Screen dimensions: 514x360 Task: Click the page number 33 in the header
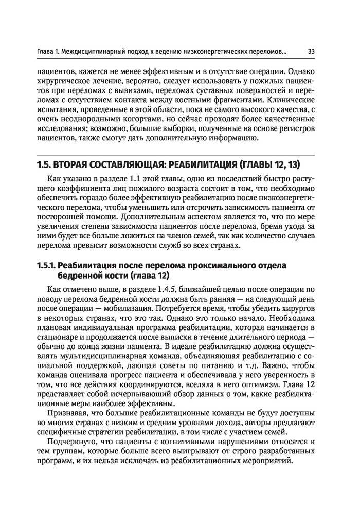(x=312, y=52)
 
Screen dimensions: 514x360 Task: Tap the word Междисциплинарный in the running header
(x=103, y=52)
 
